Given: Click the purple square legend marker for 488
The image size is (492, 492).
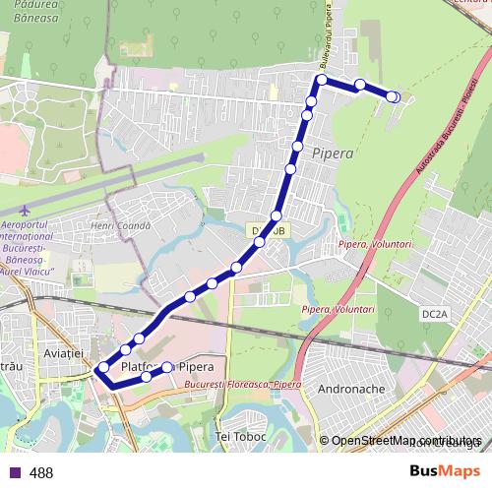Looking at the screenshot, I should click(16, 472).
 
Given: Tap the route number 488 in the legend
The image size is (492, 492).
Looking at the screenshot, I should click(41, 472).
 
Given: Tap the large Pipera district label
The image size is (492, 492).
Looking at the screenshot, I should click(331, 154).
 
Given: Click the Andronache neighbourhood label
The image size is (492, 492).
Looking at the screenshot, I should click(351, 389).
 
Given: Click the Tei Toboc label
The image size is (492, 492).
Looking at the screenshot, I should click(240, 433).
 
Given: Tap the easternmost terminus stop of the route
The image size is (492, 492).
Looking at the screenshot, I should click(393, 96).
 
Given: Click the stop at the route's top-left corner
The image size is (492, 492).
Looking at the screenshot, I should click(321, 80).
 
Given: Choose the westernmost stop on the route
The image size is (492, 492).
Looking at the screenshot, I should click(102, 369).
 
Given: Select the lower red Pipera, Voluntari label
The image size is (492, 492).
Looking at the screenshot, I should click(338, 308).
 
